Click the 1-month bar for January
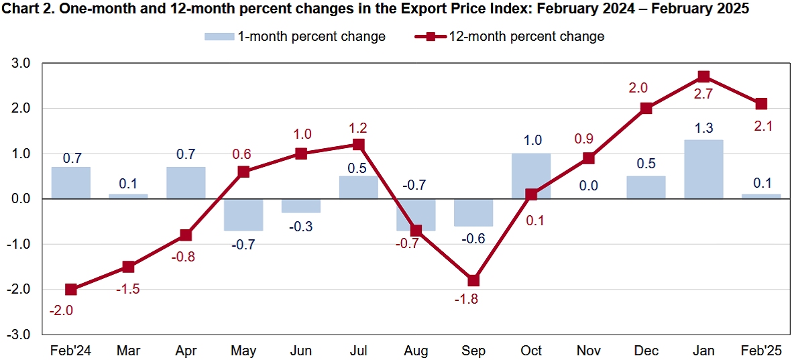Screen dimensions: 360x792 tap(703, 169)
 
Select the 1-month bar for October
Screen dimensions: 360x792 tap(531, 176)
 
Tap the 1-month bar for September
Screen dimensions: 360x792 tap(473, 213)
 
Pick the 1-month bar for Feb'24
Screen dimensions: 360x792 tap(71, 182)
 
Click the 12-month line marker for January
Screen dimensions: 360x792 tap(703, 76)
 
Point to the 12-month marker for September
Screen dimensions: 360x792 tap(473, 280)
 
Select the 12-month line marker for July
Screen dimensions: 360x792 tap(359, 144)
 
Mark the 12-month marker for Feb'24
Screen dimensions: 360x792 tap(71, 290)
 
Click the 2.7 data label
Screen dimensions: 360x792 tap(703, 95)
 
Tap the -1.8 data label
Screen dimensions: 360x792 tap(466, 300)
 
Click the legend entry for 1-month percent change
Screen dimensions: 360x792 tap(295, 36)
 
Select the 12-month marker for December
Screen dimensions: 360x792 tap(646, 108)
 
